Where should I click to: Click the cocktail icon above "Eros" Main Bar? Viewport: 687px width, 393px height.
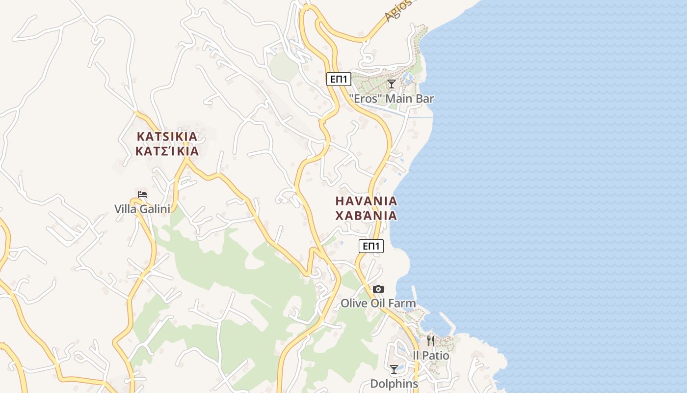pyautogui.click(x=391, y=84)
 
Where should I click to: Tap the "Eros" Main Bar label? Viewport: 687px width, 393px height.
pyautogui.click(x=391, y=99)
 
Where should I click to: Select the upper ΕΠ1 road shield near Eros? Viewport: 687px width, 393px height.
pyautogui.click(x=339, y=79)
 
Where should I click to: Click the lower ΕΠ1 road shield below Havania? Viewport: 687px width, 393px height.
pyautogui.click(x=371, y=246)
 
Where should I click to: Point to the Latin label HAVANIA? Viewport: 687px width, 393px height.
pyautogui.click(x=366, y=201)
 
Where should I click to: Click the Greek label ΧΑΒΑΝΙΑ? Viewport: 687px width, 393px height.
pyautogui.click(x=366, y=216)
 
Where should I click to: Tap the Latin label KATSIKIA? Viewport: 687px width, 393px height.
pyautogui.click(x=167, y=136)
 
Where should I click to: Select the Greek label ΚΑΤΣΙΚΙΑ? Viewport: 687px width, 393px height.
pyautogui.click(x=167, y=151)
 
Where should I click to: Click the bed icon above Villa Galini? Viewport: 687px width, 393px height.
pyautogui.click(x=142, y=195)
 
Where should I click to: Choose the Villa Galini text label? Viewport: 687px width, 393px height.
pyautogui.click(x=142, y=209)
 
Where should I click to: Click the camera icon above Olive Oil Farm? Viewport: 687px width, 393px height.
pyautogui.click(x=378, y=289)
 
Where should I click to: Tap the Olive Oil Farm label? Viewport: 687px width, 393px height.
pyautogui.click(x=378, y=304)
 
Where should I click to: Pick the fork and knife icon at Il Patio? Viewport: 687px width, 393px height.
pyautogui.click(x=431, y=340)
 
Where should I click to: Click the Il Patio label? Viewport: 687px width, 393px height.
pyautogui.click(x=431, y=355)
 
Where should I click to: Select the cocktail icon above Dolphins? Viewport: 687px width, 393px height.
pyautogui.click(x=394, y=369)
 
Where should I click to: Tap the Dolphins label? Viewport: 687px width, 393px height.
pyautogui.click(x=394, y=384)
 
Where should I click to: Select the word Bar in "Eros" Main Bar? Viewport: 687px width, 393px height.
pyautogui.click(x=424, y=99)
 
